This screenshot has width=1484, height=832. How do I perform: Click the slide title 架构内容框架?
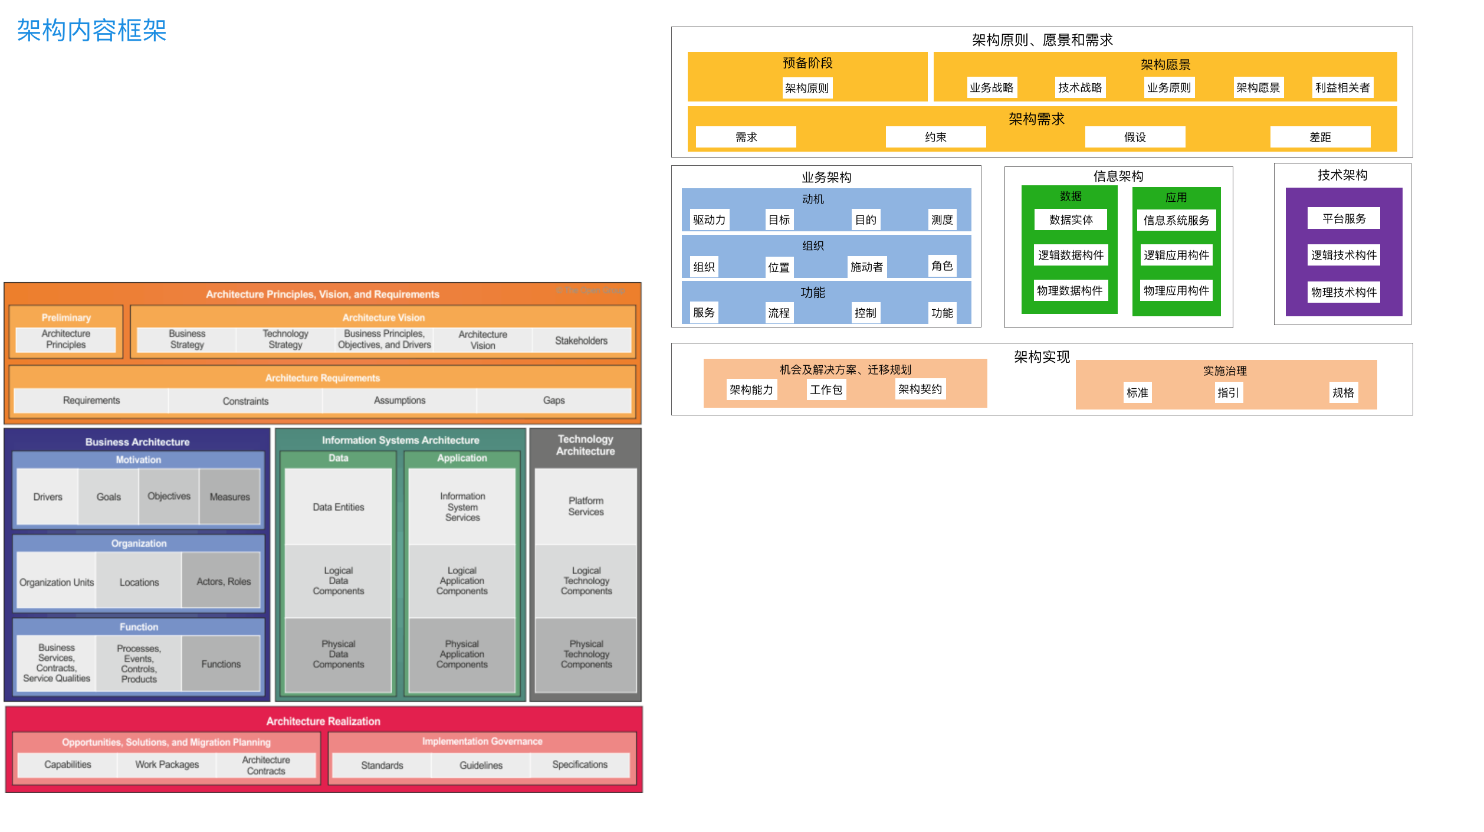point(92,31)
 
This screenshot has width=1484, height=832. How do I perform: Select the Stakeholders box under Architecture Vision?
point(581,340)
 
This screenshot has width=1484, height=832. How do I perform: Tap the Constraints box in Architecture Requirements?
point(245,401)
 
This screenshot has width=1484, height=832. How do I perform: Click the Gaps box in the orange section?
point(554,401)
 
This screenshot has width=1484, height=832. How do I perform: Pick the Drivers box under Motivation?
point(48,497)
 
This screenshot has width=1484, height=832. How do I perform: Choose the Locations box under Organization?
point(139,582)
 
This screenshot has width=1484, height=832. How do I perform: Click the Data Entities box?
point(339,507)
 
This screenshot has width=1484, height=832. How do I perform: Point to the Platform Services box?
point(586,506)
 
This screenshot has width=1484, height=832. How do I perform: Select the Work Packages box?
point(167,765)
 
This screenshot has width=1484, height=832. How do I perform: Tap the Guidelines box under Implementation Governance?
point(481,765)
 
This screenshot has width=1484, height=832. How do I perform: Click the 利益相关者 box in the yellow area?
point(1342,88)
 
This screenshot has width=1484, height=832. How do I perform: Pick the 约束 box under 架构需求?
point(935,137)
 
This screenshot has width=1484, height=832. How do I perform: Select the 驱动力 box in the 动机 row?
point(709,220)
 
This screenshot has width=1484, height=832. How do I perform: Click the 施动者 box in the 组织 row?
point(866,267)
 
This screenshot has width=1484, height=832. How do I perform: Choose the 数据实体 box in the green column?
point(1071,220)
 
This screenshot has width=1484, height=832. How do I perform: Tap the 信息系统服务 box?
point(1176,221)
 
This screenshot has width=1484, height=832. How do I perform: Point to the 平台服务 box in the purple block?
point(1344,219)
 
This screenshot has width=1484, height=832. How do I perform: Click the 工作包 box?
point(826,390)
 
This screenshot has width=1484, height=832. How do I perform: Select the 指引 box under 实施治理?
point(1228,393)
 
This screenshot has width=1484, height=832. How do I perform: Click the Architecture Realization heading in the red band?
point(323,721)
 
